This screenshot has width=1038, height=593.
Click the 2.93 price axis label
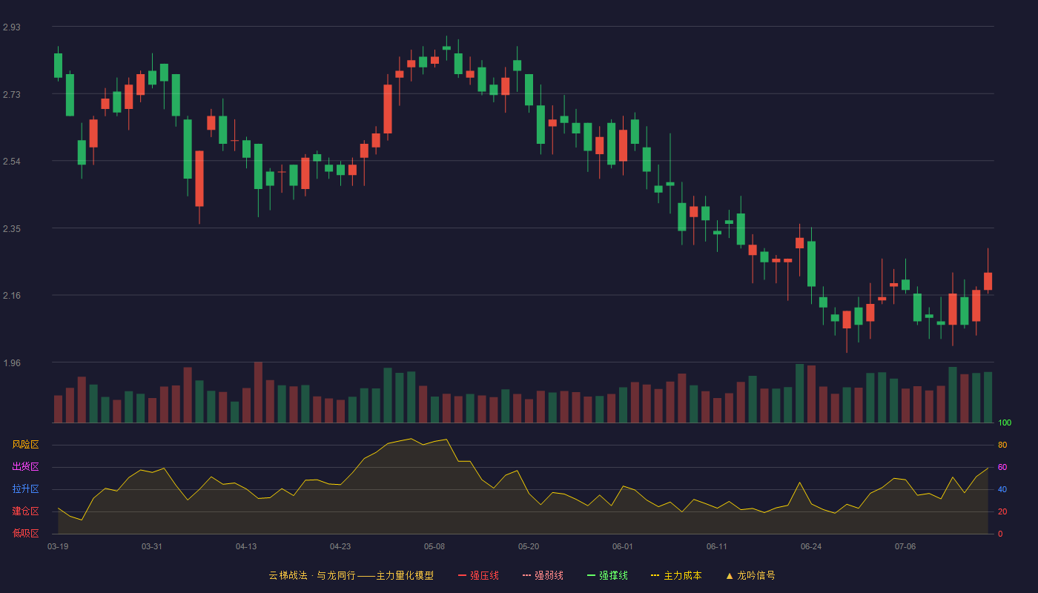click(12, 27)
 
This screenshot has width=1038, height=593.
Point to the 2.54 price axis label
click(12, 162)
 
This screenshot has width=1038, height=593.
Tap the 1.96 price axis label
click(12, 363)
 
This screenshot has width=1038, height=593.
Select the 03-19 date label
click(58, 547)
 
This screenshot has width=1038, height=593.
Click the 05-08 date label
click(434, 547)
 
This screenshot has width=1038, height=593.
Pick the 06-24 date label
click(811, 547)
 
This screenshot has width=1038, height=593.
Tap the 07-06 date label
click(905, 547)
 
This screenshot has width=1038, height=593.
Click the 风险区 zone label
click(25, 445)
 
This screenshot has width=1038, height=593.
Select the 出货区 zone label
click(25, 466)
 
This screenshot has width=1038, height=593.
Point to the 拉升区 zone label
click(25, 488)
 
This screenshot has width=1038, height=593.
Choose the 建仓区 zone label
click(25, 511)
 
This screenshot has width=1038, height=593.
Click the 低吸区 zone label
click(25, 533)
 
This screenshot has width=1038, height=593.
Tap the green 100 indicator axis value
click(1005, 423)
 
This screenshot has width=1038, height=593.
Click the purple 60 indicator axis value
click(1002, 467)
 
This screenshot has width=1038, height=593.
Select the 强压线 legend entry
click(478, 575)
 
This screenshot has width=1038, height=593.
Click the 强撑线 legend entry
click(607, 575)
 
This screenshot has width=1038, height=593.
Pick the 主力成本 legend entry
click(676, 575)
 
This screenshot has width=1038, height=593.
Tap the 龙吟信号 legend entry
click(750, 575)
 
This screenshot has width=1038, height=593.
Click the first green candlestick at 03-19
click(58, 65)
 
